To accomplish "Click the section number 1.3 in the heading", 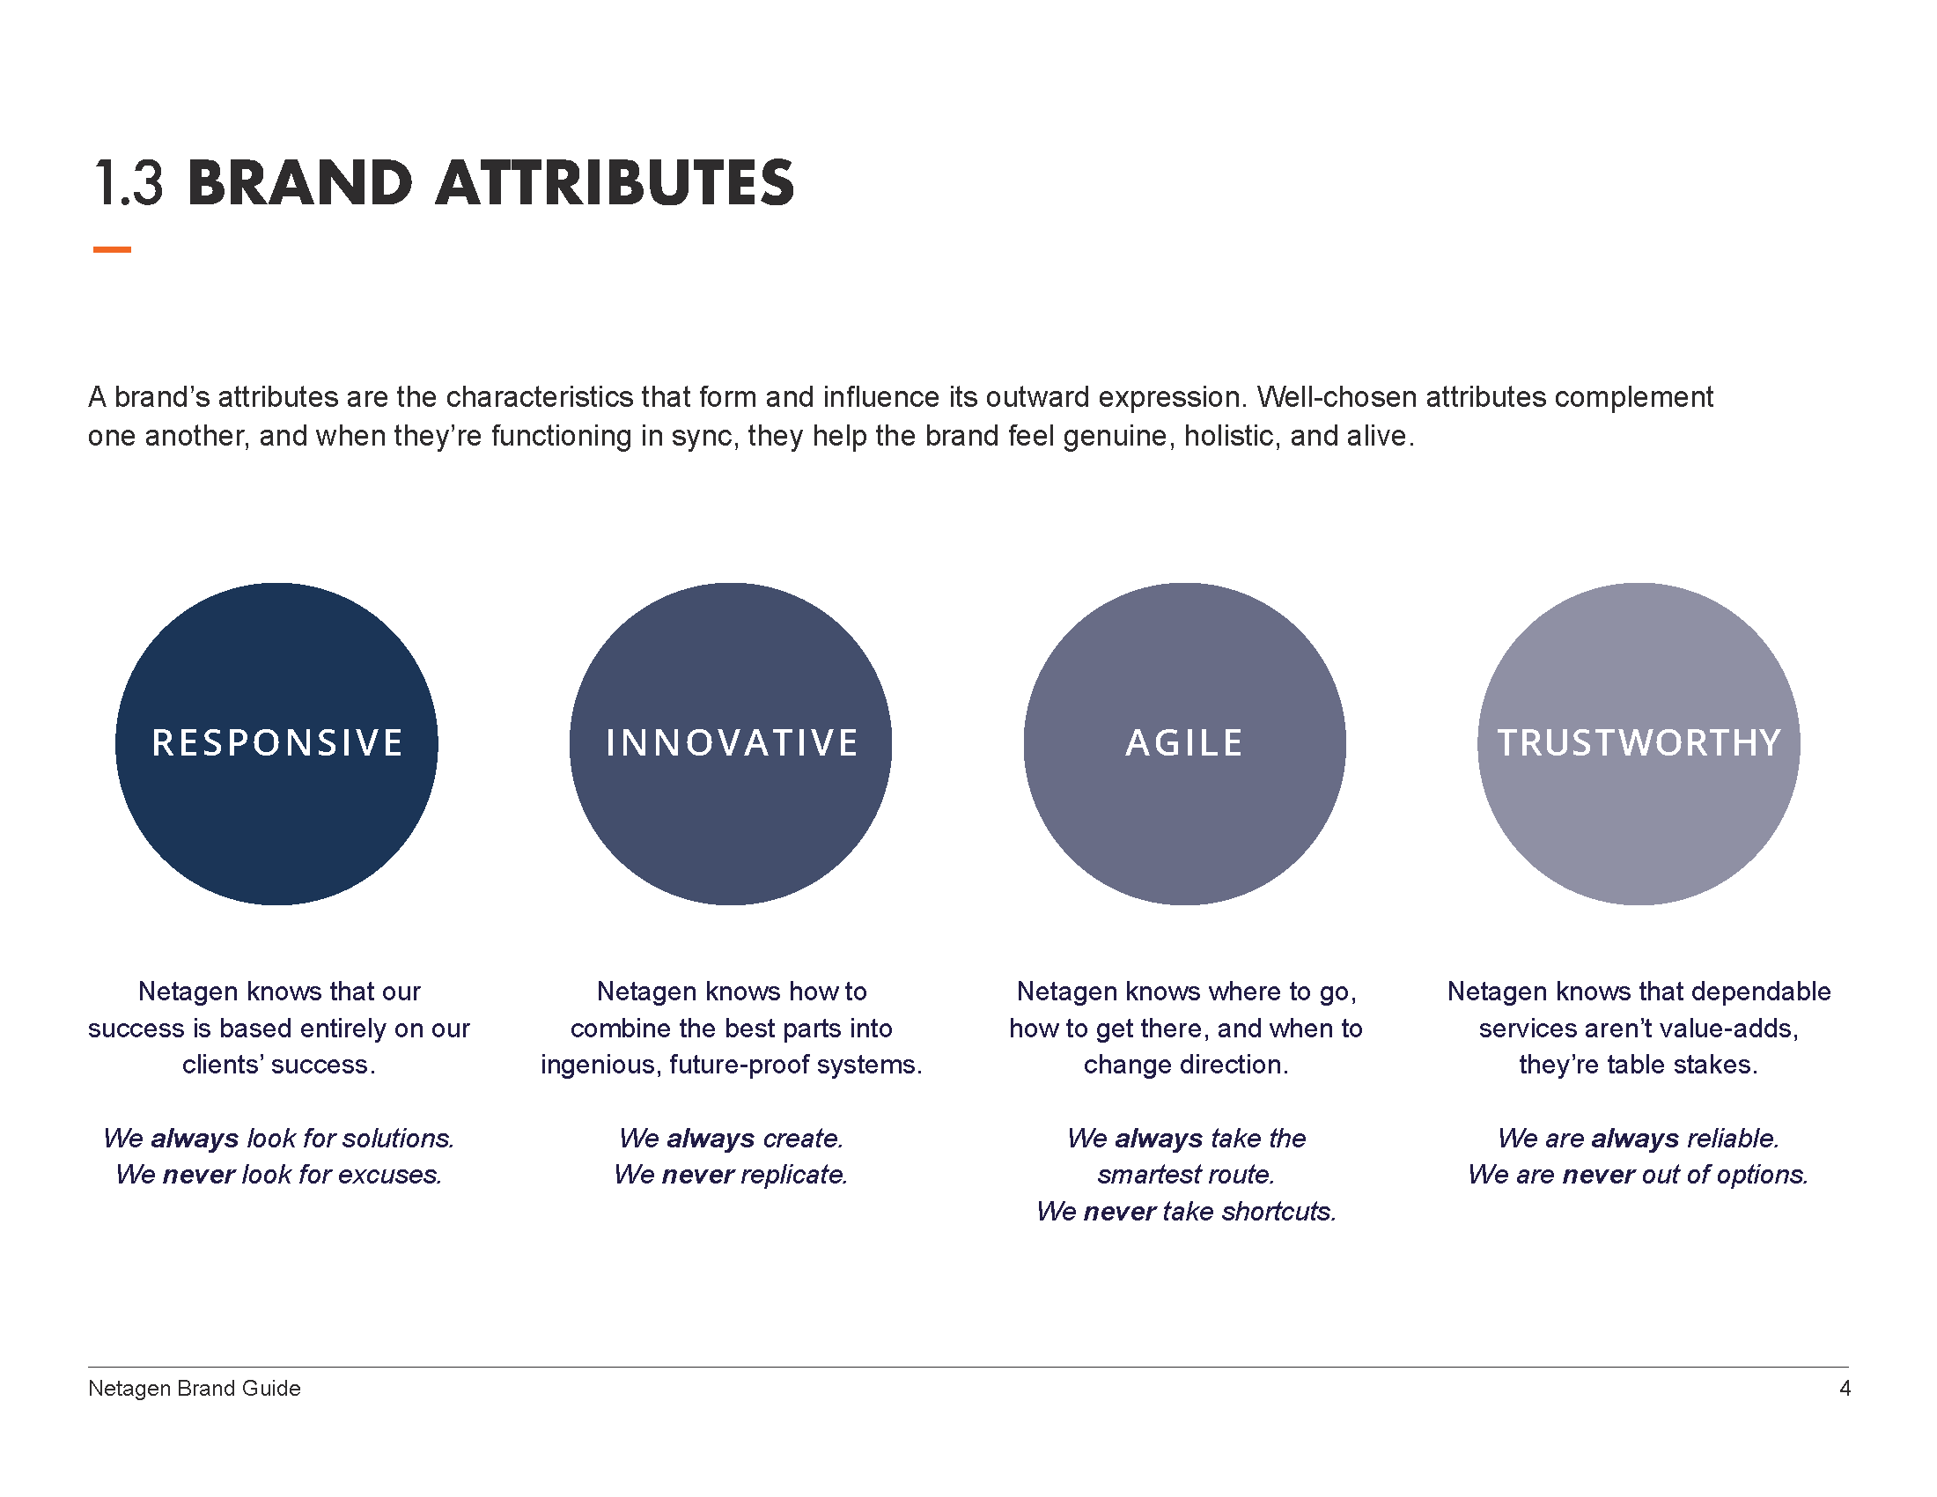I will (129, 184).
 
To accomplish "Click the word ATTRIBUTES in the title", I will (615, 184).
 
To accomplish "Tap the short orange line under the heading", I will (112, 250).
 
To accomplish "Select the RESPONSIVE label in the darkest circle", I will (276, 743).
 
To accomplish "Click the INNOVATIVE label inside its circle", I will (731, 743).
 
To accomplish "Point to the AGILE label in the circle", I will (1184, 743).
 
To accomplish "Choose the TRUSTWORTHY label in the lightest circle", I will (1639, 743).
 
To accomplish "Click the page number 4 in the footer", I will (1844, 1389).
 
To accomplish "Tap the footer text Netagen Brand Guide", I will (195, 1389).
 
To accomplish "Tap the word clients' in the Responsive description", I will (222, 1066).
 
